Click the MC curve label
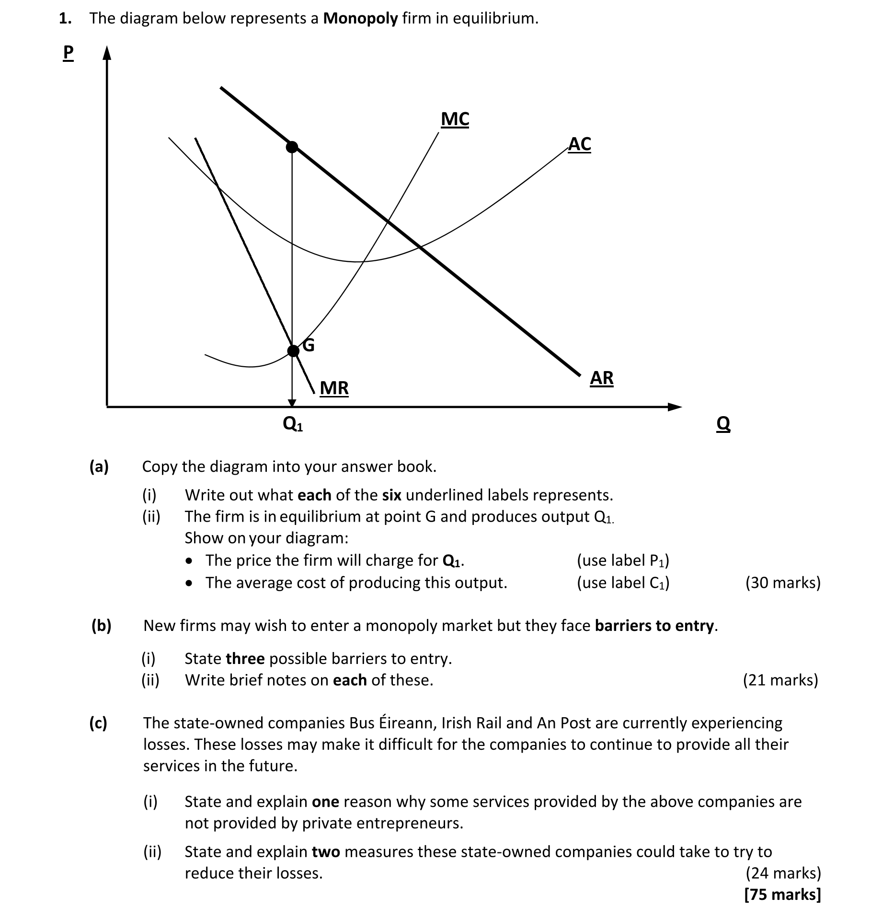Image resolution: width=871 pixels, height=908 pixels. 455,119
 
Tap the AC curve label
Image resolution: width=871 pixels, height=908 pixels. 579,144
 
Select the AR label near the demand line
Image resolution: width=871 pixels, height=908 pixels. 601,378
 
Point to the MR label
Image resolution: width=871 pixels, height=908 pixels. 334,388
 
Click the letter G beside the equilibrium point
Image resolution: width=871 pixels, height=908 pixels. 309,345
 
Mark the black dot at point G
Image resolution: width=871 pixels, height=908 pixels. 293,351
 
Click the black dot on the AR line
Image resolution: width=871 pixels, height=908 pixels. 292,147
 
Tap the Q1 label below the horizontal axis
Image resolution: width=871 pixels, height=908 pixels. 292,424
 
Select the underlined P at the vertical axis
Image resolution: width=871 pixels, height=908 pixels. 68,53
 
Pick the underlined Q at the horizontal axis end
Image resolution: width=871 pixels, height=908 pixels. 723,424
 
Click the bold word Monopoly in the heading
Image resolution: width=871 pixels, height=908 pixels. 360,18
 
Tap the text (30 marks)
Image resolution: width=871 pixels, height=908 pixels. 783,582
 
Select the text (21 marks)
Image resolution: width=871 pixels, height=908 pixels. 780,680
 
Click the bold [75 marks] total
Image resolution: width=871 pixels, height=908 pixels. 783,895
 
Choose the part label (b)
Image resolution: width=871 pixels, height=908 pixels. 101,626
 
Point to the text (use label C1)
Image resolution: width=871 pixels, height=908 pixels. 623,582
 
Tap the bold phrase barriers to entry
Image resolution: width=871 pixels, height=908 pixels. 654,626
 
